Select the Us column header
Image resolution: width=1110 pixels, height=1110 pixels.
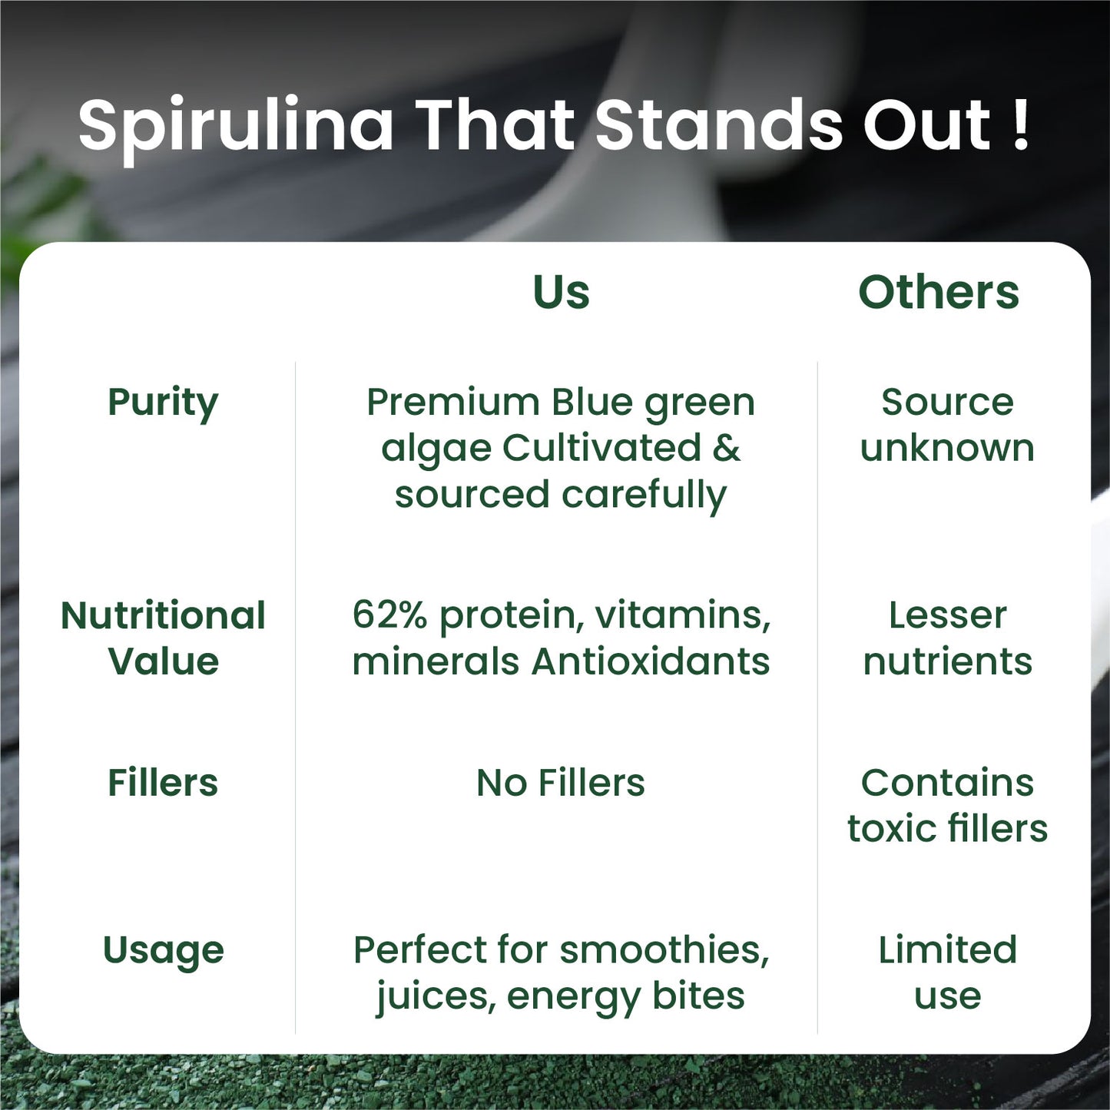[561, 292]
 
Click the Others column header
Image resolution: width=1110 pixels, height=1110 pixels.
[938, 292]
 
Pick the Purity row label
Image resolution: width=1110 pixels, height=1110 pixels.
[163, 403]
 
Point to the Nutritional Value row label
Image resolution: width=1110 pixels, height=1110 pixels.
[163, 638]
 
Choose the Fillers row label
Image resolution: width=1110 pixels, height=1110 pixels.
[163, 783]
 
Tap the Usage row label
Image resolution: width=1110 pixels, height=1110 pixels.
[163, 951]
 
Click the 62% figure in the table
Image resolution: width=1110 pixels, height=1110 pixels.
[389, 615]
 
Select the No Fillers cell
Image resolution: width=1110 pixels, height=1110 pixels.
[561, 783]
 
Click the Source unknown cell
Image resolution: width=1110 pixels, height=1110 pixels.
[947, 425]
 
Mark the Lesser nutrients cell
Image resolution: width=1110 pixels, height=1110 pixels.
[947, 638]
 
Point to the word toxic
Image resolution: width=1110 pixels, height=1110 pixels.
[891, 829]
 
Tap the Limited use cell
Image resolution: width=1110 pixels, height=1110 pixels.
[947, 972]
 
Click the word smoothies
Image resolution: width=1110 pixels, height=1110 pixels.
[664, 950]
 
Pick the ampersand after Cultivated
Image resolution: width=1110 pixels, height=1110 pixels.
[726, 448]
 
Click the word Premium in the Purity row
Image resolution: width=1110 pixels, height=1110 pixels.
[453, 403]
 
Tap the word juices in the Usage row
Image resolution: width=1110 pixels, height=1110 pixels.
[435, 997]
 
